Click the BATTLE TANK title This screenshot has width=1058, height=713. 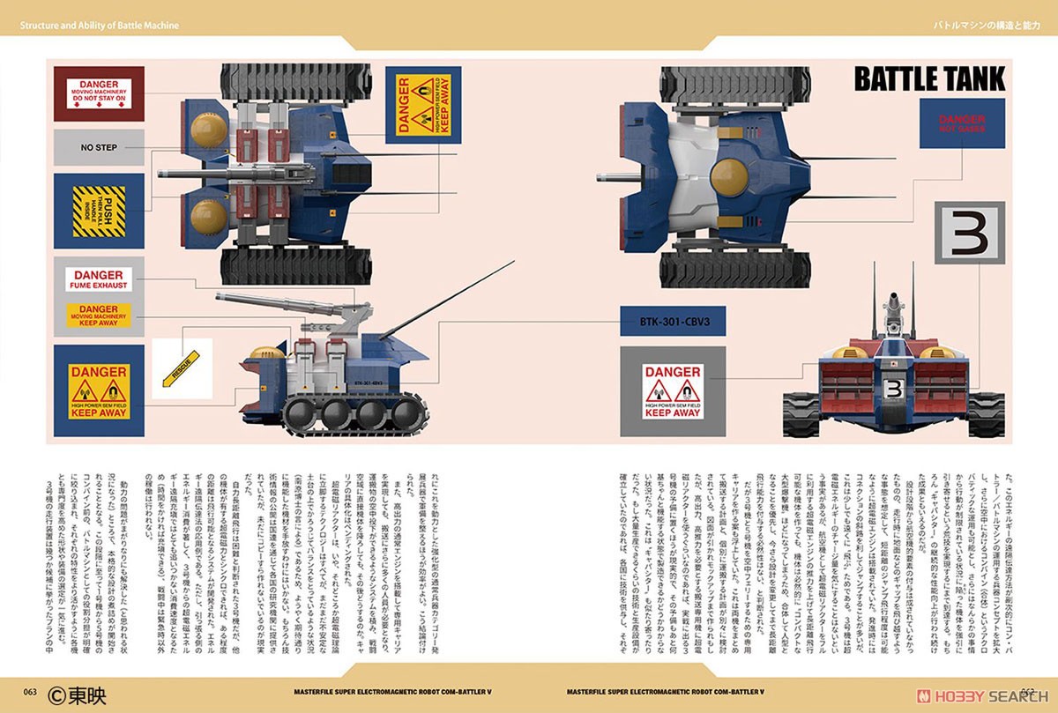coord(929,79)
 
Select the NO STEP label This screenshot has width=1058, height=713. coord(99,147)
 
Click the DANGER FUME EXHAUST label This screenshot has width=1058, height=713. coord(99,279)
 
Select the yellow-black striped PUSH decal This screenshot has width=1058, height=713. coord(99,211)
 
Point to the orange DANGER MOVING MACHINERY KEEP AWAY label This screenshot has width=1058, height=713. coord(99,315)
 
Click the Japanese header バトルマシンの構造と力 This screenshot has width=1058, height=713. coord(987,26)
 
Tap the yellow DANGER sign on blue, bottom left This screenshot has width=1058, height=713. coord(99,390)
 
